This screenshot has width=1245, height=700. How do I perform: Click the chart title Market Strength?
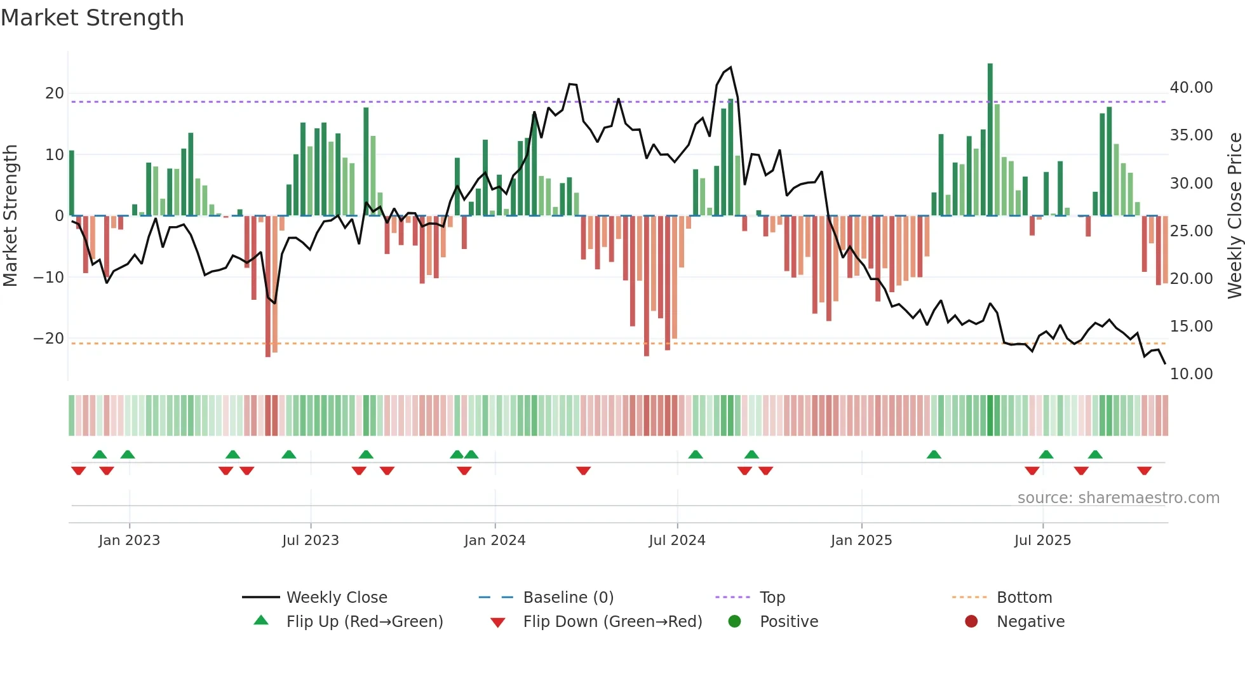92,18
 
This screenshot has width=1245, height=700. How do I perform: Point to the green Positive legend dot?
734,621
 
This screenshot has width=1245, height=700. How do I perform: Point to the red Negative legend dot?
971,621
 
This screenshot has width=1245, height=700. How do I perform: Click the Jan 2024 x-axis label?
495,541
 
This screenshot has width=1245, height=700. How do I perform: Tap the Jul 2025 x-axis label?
1042,541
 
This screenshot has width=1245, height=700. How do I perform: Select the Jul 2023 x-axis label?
311,541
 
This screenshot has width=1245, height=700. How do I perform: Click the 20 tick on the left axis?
55,93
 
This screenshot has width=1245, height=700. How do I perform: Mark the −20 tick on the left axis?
49,339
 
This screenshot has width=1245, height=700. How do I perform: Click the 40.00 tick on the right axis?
1191,88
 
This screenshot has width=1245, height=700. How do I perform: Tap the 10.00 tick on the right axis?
1191,374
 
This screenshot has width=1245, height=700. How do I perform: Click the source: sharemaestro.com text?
1118,498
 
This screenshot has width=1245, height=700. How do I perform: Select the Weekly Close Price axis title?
1234,216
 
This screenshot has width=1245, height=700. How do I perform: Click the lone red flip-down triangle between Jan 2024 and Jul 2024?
583,471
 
